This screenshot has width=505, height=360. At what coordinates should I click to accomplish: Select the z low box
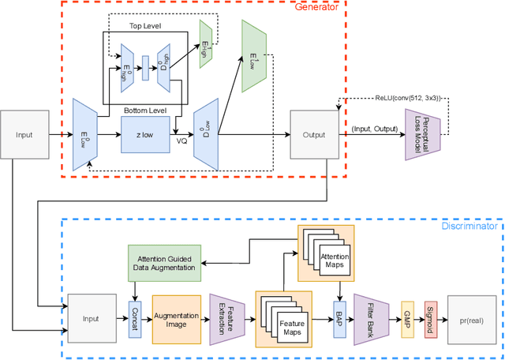point(144,134)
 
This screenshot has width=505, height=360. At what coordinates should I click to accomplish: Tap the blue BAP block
point(341,318)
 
